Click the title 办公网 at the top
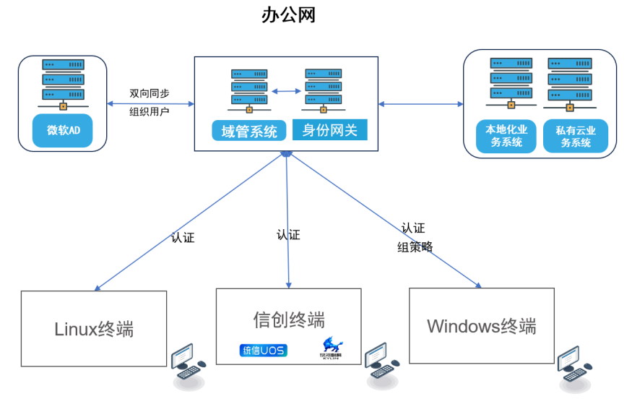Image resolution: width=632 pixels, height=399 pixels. pyautogui.click(x=288, y=16)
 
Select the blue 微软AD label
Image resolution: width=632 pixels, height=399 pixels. pyautogui.click(x=63, y=131)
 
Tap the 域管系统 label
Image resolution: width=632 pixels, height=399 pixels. pyautogui.click(x=249, y=132)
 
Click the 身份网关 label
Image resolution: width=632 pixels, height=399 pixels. pyautogui.click(x=329, y=130)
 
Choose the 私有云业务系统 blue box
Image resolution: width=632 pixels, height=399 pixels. pyautogui.click(x=576, y=136)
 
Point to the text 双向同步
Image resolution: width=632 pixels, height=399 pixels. pyautogui.click(x=150, y=93)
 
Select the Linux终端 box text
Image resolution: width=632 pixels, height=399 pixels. pyautogui.click(x=94, y=329)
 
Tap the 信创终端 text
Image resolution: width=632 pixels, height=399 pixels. pyautogui.click(x=289, y=319)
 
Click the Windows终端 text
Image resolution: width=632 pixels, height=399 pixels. pyautogui.click(x=482, y=325)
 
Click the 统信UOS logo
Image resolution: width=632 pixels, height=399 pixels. pyautogui.click(x=263, y=351)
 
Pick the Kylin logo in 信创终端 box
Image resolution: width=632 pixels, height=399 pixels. pyautogui.click(x=332, y=347)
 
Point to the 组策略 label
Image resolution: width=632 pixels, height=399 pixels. pyautogui.click(x=415, y=246)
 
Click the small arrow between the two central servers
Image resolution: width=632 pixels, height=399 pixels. pyautogui.click(x=286, y=91)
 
